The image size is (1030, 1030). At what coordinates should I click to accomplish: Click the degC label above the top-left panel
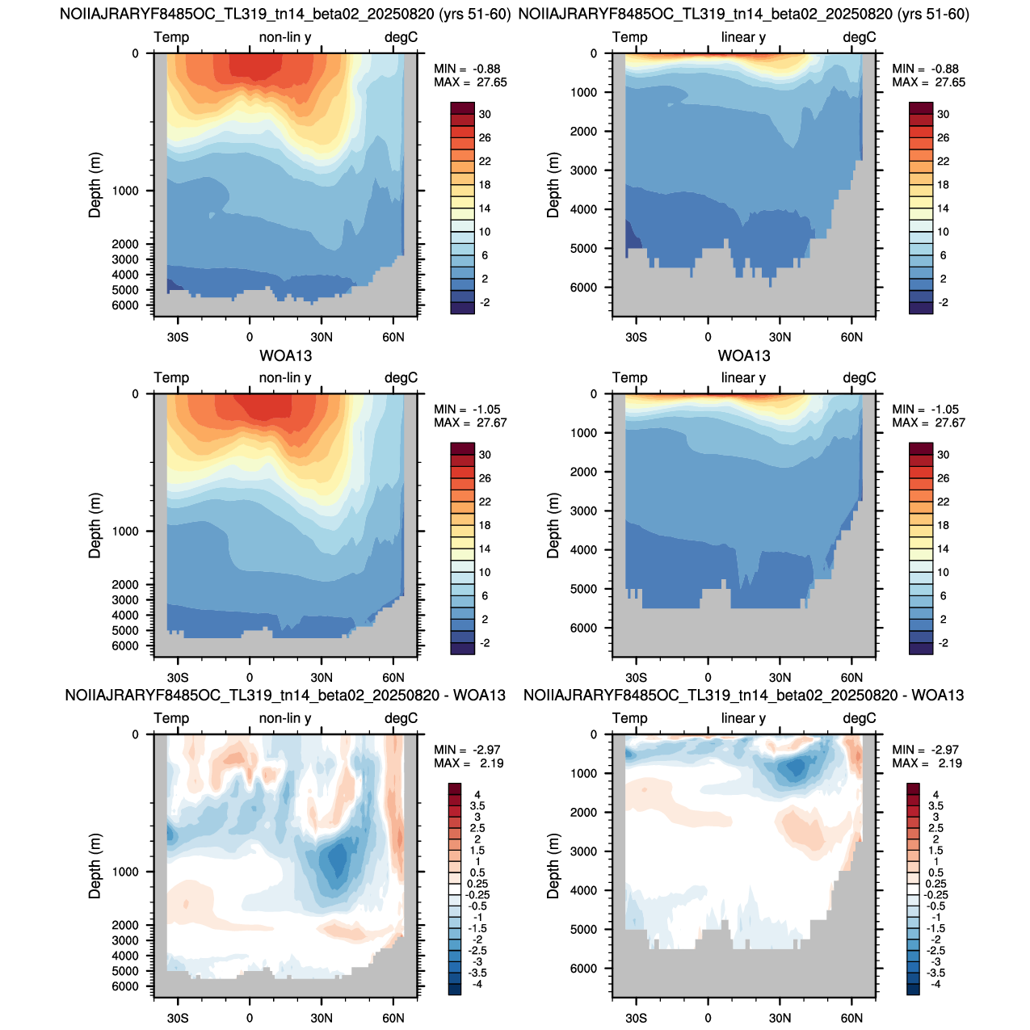click(401, 37)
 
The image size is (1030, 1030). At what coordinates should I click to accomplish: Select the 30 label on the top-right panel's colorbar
click(943, 115)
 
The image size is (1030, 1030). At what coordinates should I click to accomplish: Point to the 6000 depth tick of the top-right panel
click(583, 288)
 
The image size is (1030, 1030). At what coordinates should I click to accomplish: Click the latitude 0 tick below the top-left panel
click(250, 338)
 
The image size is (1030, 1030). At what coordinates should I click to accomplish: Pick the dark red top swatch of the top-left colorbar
click(462, 108)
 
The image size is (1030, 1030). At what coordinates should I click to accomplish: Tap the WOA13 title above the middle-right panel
click(743, 355)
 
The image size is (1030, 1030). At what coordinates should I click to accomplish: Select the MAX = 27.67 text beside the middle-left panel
click(470, 423)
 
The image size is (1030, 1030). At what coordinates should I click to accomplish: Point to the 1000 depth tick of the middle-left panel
click(125, 532)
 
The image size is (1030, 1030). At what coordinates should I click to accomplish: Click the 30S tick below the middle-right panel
click(636, 678)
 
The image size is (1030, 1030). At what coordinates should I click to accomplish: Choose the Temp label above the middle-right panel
click(629, 378)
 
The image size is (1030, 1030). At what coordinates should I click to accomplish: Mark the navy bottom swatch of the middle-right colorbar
click(920, 649)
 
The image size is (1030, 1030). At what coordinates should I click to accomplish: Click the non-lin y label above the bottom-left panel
click(285, 718)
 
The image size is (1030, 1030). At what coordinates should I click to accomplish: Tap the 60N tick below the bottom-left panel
click(393, 1018)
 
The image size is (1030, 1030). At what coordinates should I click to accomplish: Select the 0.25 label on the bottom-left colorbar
click(477, 884)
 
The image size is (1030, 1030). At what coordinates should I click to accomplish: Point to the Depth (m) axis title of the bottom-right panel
click(553, 866)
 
